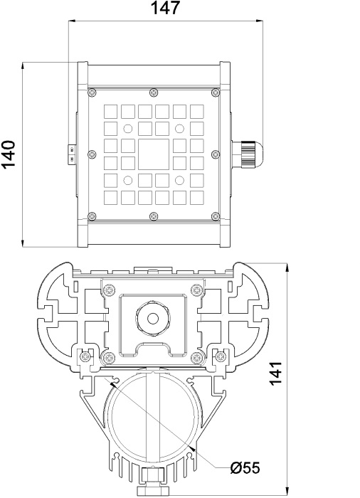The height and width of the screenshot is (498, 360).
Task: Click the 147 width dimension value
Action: (x=165, y=8)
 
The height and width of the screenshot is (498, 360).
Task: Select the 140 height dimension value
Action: (x=8, y=154)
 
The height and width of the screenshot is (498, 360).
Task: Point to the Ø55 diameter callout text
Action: (x=245, y=468)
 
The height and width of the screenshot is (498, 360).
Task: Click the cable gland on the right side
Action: (x=247, y=154)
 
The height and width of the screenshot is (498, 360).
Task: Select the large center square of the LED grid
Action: (x=154, y=154)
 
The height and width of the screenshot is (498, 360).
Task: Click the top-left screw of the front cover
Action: (x=92, y=92)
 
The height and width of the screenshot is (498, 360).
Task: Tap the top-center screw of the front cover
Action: (x=154, y=92)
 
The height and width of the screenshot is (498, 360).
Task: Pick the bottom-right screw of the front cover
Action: (x=216, y=216)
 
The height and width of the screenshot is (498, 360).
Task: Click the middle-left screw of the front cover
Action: (x=92, y=154)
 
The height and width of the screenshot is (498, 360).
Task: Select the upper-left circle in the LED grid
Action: (x=128, y=129)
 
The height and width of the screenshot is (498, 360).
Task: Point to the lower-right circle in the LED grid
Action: (x=179, y=181)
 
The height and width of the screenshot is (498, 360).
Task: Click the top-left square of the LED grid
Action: (x=110, y=112)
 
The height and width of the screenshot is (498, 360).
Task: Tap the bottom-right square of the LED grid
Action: (x=196, y=198)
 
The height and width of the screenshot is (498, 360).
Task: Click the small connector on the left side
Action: (x=72, y=154)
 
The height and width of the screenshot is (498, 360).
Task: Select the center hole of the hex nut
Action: (x=153, y=318)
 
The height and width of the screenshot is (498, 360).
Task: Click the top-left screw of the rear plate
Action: (x=110, y=290)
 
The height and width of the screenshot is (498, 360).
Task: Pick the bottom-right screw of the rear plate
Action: (x=196, y=358)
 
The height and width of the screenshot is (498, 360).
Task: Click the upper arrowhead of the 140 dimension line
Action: (x=23, y=66)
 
